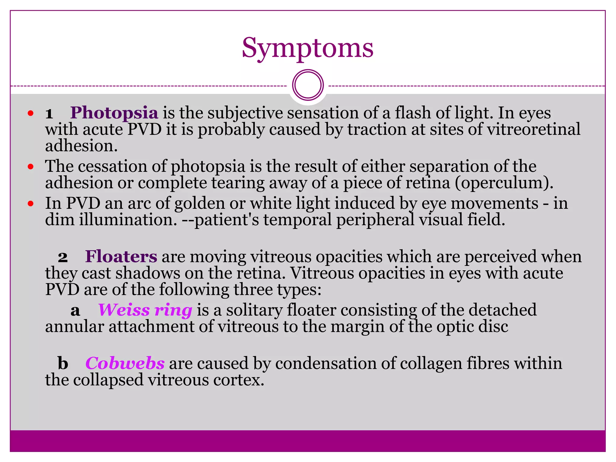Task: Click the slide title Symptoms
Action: tap(307, 48)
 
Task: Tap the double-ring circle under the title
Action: tap(308, 85)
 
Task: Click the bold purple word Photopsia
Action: tap(114, 113)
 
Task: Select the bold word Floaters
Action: tap(121, 257)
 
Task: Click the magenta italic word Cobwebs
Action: tap(125, 363)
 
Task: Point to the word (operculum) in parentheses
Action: tap(504, 183)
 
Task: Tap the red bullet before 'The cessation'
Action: tap(30, 167)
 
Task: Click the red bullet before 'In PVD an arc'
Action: tap(30, 204)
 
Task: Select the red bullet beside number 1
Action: tap(30, 113)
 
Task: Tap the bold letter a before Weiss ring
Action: tap(75, 311)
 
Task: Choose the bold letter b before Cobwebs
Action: tap(63, 363)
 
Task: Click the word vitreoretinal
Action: tap(534, 129)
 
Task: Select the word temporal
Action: tap(297, 220)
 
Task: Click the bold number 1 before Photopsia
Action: tap(49, 114)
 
